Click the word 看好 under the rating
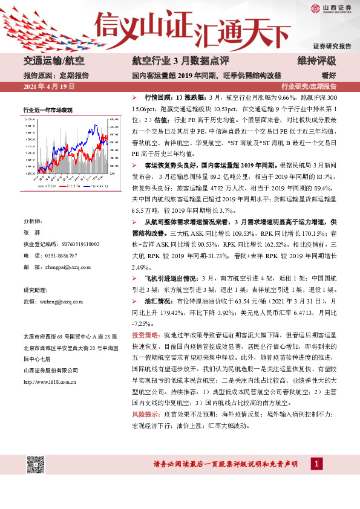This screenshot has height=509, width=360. pos(329,76)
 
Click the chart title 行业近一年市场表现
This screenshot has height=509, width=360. pos(48,110)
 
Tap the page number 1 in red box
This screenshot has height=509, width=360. pos(315,464)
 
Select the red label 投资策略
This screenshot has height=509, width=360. pos(145,334)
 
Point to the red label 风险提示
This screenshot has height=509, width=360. pos(145,415)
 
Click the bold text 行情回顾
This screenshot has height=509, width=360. pos(160,97)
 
